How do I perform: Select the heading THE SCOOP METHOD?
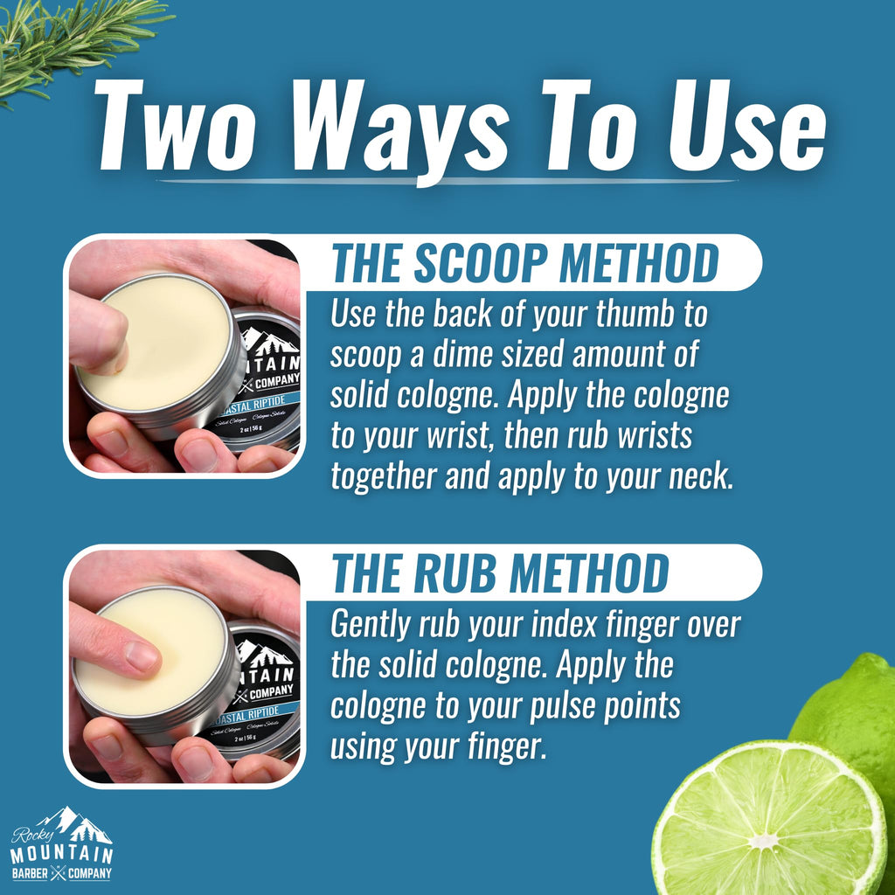525,262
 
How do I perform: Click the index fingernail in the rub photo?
141,656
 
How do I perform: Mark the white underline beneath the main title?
447,181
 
